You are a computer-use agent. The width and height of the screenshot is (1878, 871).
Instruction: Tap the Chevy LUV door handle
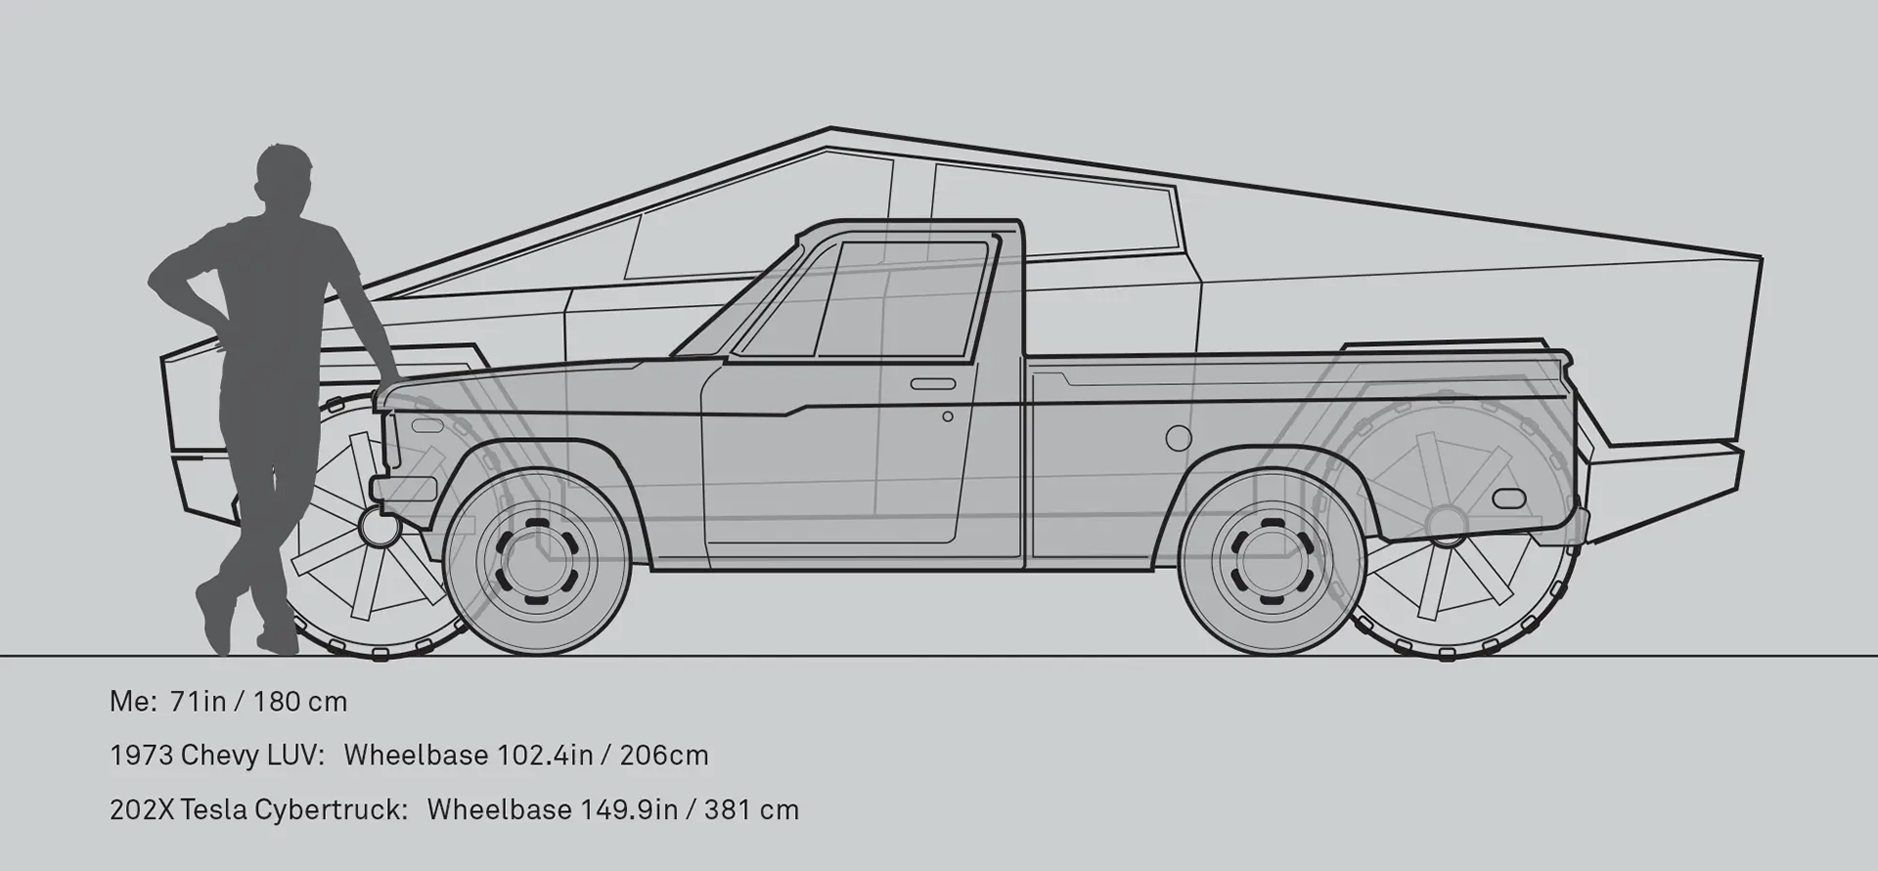[933, 384]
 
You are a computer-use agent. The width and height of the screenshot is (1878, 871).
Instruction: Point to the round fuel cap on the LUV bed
[1179, 439]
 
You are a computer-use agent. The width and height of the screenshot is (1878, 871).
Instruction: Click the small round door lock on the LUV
[948, 416]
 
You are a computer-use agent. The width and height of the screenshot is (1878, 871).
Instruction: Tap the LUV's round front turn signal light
[374, 525]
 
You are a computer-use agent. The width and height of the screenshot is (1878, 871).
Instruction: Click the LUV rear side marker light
[1509, 498]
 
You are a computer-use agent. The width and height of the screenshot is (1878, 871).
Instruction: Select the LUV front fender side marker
[426, 426]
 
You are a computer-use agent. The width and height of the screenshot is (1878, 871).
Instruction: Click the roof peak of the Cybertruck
[829, 129]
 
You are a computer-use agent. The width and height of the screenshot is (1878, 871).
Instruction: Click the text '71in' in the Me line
[199, 702]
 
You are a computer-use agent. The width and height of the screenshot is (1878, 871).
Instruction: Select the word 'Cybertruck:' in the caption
[331, 810]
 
